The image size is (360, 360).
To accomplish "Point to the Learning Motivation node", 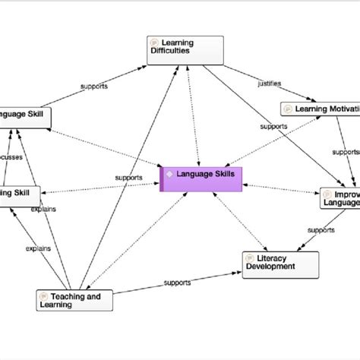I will coord(319,109).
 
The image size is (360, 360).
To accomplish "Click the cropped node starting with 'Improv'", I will coord(339,197).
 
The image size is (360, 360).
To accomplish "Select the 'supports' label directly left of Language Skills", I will coord(128,177).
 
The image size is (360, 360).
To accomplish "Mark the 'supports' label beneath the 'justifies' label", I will coord(273,126).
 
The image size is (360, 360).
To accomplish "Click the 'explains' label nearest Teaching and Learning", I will coord(38,248).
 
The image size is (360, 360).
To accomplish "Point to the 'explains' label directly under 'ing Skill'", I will coord(43,209).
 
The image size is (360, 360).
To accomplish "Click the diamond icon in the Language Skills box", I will coord(169,173).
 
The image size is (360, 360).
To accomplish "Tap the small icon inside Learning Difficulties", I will coord(155,43).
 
